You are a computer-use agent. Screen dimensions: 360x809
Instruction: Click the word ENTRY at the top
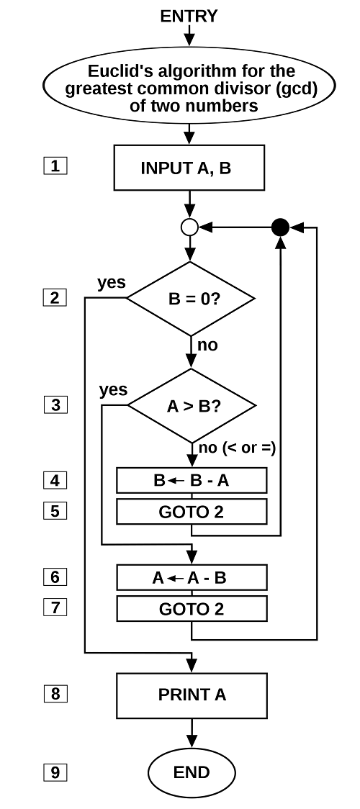point(189,16)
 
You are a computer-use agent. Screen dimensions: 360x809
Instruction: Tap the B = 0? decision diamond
point(191,299)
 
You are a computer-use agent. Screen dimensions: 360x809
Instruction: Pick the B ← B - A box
point(192,480)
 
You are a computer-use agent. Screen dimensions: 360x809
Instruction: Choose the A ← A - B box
point(192,577)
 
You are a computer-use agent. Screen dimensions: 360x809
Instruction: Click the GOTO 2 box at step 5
point(192,511)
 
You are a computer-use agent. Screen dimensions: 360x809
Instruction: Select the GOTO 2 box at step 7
point(192,608)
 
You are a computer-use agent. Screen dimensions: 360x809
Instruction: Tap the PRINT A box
point(192,695)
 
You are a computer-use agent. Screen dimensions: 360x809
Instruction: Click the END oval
point(192,772)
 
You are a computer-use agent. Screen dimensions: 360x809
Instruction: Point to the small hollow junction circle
point(190,227)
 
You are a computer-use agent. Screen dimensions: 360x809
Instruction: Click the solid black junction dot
point(281,227)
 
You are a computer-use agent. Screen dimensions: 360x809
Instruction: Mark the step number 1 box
point(55,167)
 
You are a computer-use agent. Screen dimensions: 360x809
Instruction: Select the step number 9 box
point(55,772)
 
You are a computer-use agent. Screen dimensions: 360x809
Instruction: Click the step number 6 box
point(55,577)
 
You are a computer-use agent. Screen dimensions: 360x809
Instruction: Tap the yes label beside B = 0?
point(112,282)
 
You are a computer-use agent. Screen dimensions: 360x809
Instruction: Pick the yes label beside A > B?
point(114,389)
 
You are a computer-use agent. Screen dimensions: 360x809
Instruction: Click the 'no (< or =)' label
point(237,448)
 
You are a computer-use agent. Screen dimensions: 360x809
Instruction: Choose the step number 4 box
point(55,480)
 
